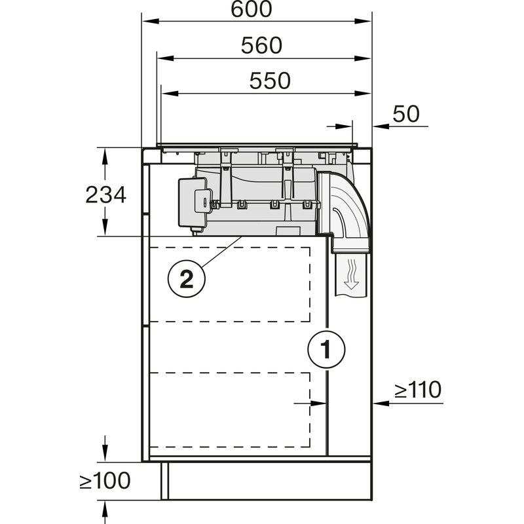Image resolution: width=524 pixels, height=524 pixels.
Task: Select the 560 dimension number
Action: [261, 45]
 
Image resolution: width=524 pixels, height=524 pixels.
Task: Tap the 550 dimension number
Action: [270, 81]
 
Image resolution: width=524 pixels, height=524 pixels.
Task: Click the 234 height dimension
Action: [105, 195]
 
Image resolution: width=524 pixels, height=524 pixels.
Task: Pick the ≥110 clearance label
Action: [418, 390]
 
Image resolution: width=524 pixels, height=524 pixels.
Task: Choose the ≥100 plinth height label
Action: [105, 481]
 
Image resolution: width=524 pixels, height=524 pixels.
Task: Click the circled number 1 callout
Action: [326, 348]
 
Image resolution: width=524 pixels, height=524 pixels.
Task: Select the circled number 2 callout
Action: [186, 280]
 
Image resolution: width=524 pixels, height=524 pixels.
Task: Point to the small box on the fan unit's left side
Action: [194, 196]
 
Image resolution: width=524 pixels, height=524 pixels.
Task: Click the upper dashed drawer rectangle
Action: [230, 284]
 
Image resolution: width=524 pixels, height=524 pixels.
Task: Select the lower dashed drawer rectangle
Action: [230, 409]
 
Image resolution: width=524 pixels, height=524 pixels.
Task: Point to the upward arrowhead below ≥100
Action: [104, 506]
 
